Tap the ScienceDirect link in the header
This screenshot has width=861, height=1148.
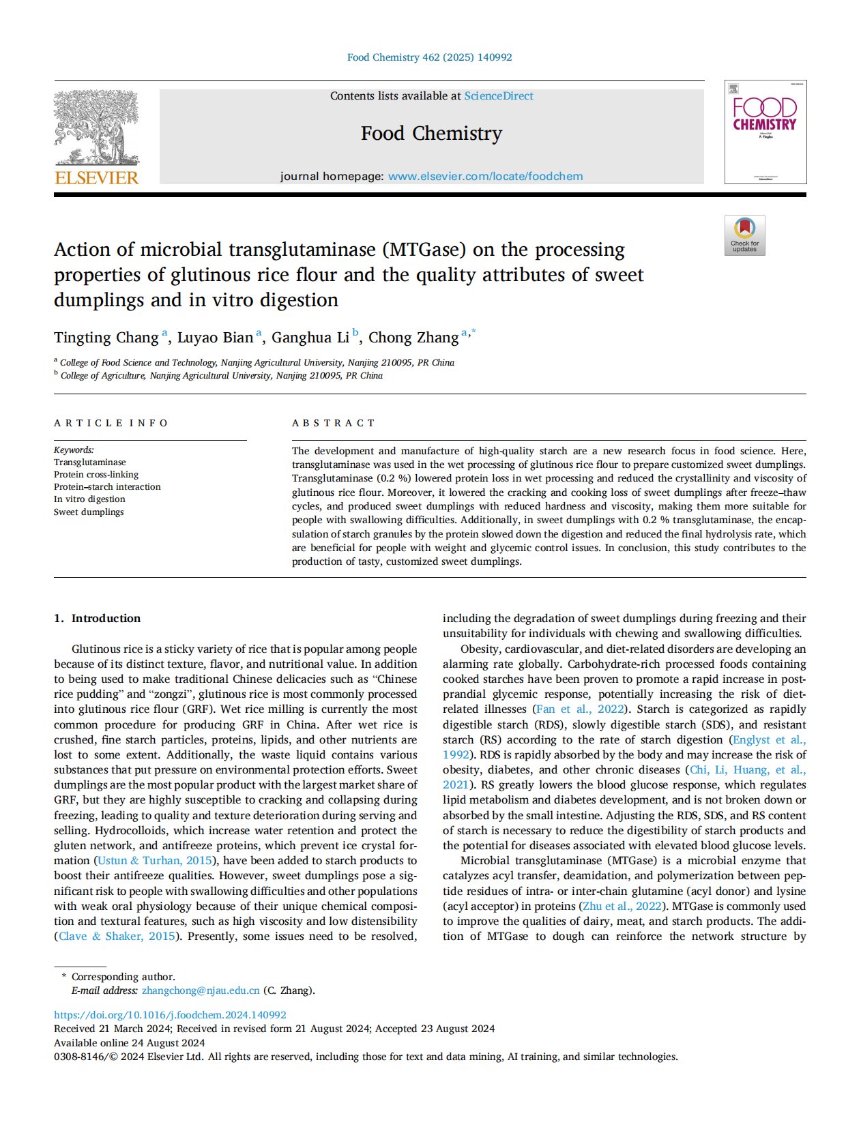click(499, 96)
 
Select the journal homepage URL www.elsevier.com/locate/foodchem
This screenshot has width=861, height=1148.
click(485, 177)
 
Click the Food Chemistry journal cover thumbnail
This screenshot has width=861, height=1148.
click(765, 132)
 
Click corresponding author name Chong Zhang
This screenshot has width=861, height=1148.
click(413, 338)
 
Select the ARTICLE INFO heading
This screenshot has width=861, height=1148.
click(111, 423)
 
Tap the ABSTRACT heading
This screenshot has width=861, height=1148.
click(334, 423)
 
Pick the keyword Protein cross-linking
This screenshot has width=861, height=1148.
click(96, 475)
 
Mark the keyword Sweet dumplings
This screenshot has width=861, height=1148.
click(89, 512)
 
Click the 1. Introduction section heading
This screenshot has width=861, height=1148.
click(98, 619)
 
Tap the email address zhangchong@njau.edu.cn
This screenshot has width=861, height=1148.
click(201, 991)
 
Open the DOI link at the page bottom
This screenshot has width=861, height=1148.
click(170, 1015)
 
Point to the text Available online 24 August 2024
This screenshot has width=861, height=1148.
click(130, 1043)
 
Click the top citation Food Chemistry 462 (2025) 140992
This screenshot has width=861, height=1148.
click(430, 57)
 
